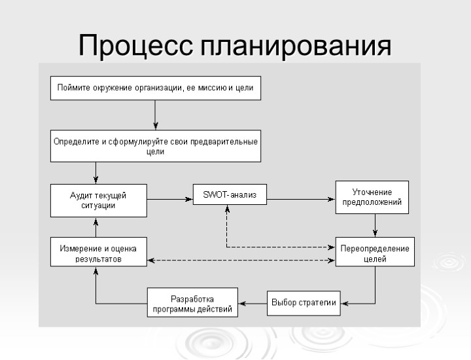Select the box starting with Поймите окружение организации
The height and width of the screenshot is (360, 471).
(x=156, y=88)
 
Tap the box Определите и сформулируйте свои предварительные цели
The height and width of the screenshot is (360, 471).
(x=156, y=146)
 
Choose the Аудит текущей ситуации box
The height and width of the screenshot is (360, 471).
(x=98, y=200)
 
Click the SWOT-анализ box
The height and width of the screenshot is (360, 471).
(x=230, y=194)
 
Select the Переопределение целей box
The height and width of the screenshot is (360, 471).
(x=375, y=253)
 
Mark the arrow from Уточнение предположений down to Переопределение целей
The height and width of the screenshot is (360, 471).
(x=375, y=225)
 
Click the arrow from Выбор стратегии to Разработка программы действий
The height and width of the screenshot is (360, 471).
(x=252, y=303)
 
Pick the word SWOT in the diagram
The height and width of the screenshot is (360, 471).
(x=214, y=194)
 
